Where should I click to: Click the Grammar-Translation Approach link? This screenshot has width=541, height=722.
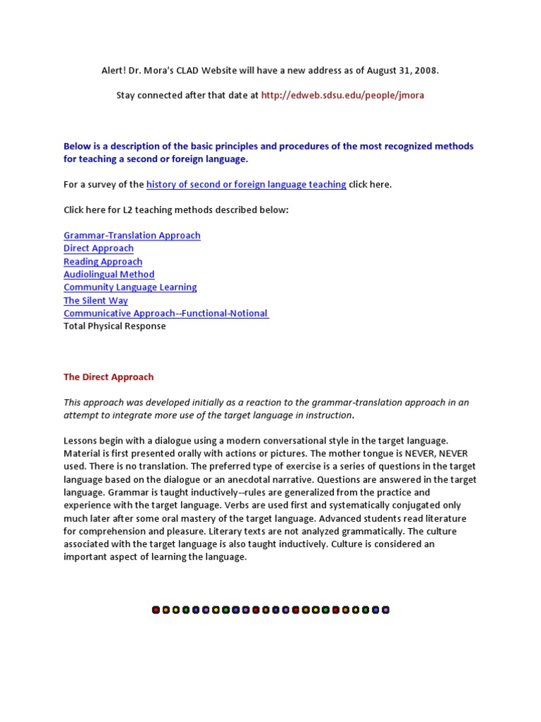[x=132, y=235]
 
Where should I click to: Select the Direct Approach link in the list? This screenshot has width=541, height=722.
[x=99, y=248]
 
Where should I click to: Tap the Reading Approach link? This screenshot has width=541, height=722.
[x=103, y=262]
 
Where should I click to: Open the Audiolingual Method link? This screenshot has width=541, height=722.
[x=109, y=274]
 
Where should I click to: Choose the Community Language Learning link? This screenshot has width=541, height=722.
[x=130, y=287]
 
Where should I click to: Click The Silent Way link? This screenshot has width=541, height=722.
[x=96, y=300]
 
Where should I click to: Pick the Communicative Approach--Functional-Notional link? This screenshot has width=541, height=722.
[x=166, y=313]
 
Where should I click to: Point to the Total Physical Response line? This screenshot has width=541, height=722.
[x=115, y=326]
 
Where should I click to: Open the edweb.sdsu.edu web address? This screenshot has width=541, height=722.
[x=342, y=95]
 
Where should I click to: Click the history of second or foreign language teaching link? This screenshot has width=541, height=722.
[x=246, y=185]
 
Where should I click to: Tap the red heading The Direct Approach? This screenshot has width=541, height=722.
[x=108, y=377]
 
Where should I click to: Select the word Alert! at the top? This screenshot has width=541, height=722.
[x=116, y=71]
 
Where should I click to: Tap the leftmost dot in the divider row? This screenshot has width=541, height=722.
[x=156, y=610]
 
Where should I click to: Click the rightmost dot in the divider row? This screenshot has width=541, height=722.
[x=385, y=610]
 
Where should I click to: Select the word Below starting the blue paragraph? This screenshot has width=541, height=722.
[x=77, y=147]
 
